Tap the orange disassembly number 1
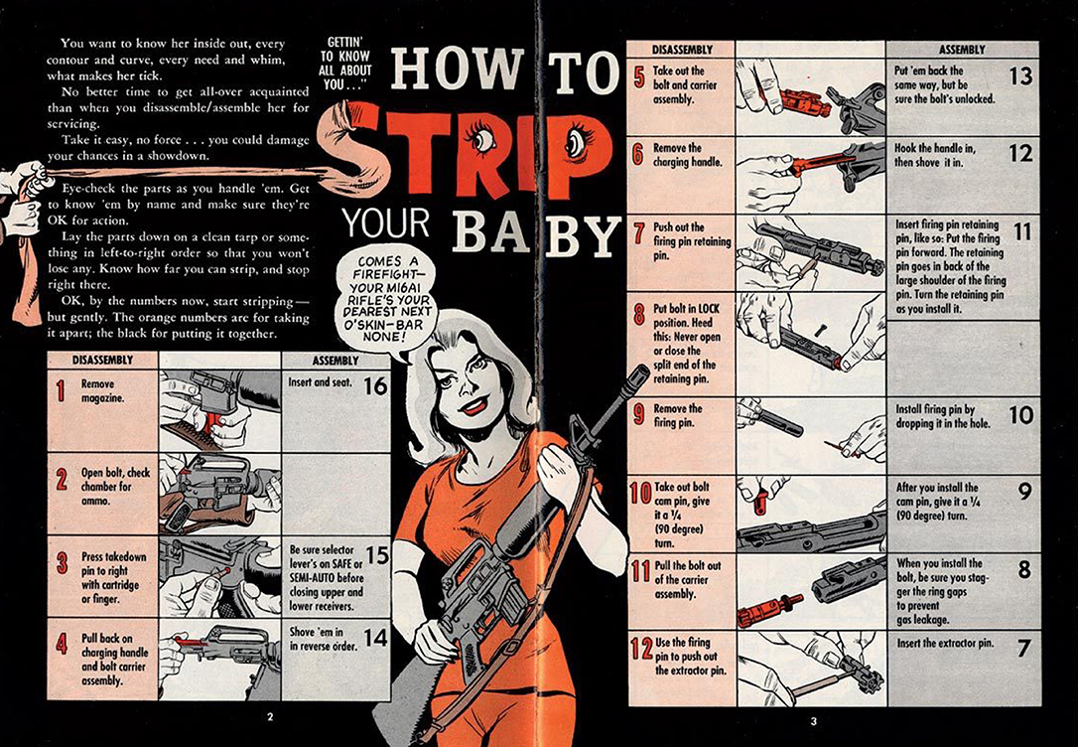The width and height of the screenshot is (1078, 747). [x=61, y=390]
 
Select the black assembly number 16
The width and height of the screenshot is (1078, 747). [x=375, y=385]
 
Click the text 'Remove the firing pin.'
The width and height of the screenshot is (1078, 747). [x=677, y=415]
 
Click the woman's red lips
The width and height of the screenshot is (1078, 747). [x=473, y=406]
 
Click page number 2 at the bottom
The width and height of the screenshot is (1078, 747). [x=270, y=717]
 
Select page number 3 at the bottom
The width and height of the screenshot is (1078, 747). [x=813, y=721]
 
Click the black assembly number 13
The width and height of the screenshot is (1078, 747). [x=1020, y=75]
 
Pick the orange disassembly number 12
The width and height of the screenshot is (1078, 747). [x=641, y=648]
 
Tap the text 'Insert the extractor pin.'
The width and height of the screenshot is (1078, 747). [x=945, y=644]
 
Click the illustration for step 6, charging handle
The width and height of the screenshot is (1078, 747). [x=811, y=175]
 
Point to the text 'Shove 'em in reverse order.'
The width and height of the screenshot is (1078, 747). [x=324, y=639]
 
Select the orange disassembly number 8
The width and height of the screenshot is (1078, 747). [x=638, y=314]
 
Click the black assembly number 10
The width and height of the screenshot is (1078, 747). [x=1021, y=415]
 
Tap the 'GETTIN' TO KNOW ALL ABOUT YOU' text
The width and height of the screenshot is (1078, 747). [x=345, y=64]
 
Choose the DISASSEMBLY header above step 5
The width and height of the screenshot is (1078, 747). [x=682, y=50]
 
